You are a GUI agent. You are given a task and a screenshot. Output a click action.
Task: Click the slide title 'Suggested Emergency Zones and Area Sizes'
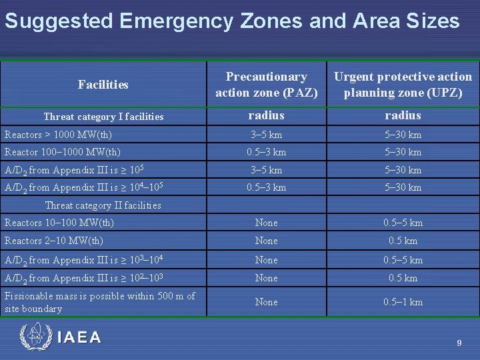232,21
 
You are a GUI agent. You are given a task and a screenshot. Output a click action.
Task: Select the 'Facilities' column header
103,85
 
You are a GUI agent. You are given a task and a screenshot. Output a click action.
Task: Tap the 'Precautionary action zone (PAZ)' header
266,85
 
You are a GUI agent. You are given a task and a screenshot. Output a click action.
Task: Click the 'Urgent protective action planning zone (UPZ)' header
403,85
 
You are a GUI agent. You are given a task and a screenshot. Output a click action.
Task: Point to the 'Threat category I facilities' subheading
103,117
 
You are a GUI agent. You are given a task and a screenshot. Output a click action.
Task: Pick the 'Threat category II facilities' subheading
103,205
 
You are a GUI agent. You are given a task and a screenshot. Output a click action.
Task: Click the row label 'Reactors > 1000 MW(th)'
59,135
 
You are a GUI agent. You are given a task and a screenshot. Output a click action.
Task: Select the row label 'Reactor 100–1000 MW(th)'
63,152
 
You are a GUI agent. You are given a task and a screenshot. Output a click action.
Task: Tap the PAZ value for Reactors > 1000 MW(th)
266,135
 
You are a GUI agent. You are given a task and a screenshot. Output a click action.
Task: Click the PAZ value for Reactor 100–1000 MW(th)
266,152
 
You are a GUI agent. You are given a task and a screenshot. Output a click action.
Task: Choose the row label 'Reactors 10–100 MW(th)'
59,223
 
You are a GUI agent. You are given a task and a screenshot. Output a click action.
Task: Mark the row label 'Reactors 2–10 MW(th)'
54,241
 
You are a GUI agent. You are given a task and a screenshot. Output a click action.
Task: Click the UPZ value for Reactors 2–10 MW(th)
403,241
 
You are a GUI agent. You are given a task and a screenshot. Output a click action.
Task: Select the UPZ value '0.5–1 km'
403,302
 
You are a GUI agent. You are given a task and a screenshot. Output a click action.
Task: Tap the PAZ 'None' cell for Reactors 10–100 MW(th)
266,223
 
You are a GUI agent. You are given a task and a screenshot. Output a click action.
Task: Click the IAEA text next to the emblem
79,337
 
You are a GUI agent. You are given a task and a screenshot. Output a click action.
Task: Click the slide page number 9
459,343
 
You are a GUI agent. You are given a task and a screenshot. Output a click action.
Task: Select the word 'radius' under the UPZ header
403,115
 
